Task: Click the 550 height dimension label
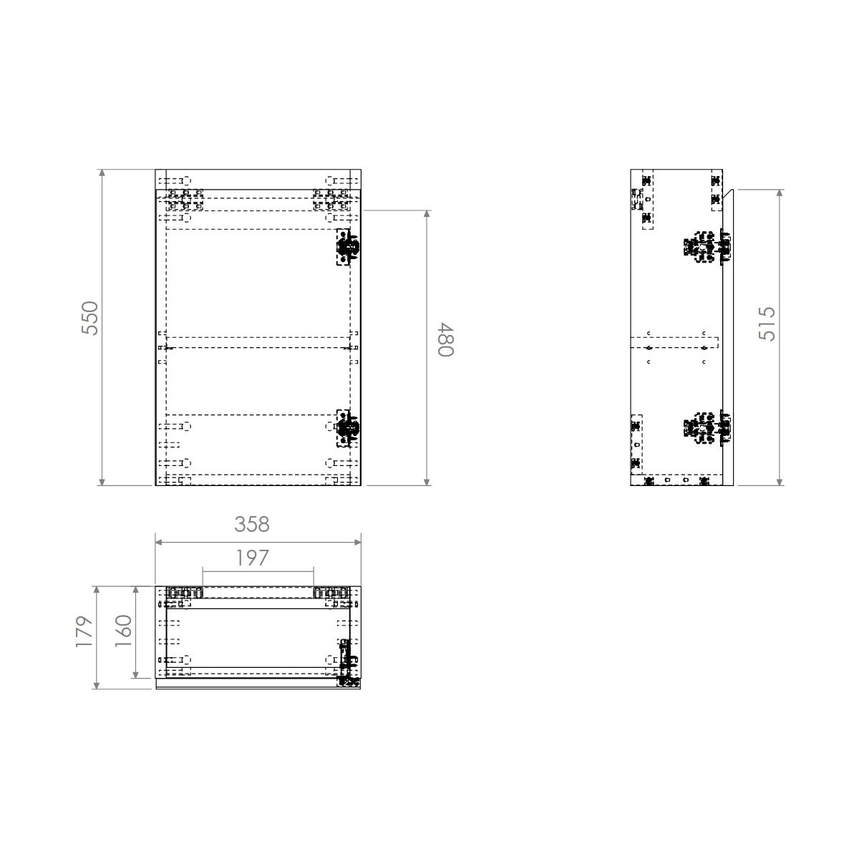[x=90, y=319]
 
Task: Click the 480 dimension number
[x=445, y=340]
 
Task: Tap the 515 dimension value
[x=767, y=324]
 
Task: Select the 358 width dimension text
[x=252, y=525]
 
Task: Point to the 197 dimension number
[x=252, y=558]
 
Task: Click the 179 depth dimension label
[x=84, y=631]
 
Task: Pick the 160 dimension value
[x=123, y=631]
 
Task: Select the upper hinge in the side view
[x=707, y=248]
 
